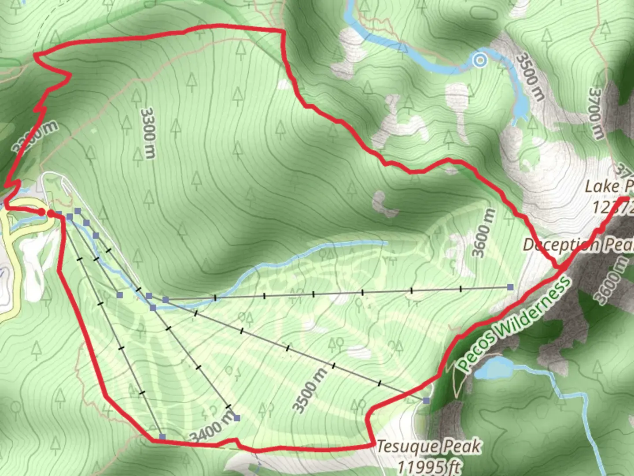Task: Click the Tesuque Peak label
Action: point(429,447)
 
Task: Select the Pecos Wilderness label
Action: point(513,322)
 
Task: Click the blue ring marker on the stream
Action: point(480,60)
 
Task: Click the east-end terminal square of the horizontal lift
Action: point(510,287)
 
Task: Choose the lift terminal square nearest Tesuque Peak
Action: point(426,400)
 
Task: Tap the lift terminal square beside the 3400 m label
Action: point(237,418)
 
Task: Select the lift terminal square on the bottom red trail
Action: point(162,437)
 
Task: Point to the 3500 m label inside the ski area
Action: point(311,390)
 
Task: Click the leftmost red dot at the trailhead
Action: point(41,212)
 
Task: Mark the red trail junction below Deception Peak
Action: point(562,267)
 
